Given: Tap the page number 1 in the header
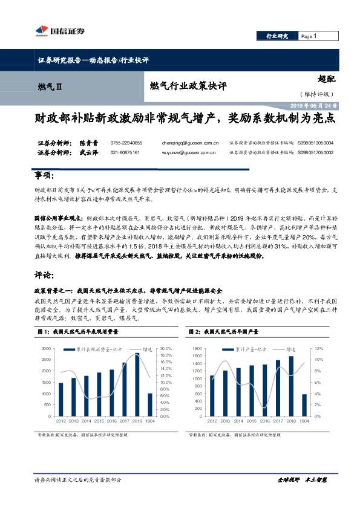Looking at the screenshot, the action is pos(315,36).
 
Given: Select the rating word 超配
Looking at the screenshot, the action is pos(327,78).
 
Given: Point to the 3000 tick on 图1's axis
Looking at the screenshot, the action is pos(46,349).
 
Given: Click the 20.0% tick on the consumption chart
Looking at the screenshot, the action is pos(167,349).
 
